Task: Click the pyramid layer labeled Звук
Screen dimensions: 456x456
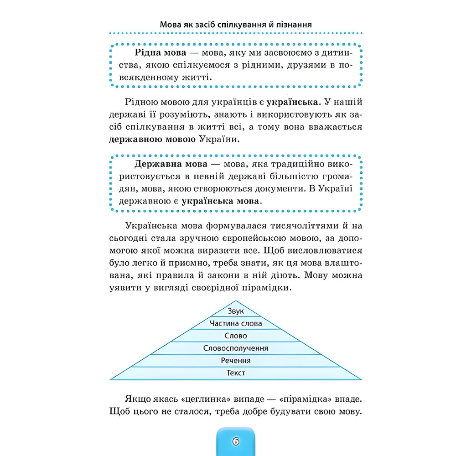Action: [236, 311]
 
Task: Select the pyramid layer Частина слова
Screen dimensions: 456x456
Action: [236, 323]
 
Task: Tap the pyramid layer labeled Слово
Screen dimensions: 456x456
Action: [236, 336]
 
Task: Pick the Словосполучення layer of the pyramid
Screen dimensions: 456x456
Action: [236, 348]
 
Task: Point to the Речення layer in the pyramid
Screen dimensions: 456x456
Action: [236, 361]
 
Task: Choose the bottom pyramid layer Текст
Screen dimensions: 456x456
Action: [236, 373]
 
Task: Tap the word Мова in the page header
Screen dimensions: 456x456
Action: [171, 25]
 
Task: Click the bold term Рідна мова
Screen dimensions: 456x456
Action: [155, 54]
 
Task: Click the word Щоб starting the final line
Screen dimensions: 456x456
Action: [120, 412]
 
